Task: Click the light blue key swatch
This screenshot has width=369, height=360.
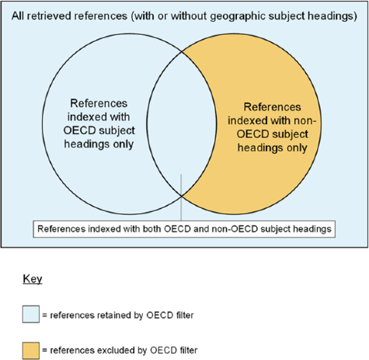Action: (31, 314)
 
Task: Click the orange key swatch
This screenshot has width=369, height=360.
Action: (31, 351)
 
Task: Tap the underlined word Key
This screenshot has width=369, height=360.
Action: (33, 279)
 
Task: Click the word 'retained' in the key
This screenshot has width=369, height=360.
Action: (113, 315)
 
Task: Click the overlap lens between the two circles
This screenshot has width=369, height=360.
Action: (182, 124)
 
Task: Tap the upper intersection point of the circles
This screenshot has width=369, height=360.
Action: (182, 52)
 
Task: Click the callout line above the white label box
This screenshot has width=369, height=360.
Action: (181, 197)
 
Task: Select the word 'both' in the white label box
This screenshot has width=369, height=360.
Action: (152, 229)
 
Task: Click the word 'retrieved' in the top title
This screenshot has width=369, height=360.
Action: (51, 16)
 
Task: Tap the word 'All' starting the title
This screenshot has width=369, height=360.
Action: (18, 16)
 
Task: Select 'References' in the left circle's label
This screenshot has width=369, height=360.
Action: (99, 103)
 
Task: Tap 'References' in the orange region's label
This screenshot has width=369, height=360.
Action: (273, 107)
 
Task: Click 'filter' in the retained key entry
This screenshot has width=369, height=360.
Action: (184, 315)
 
